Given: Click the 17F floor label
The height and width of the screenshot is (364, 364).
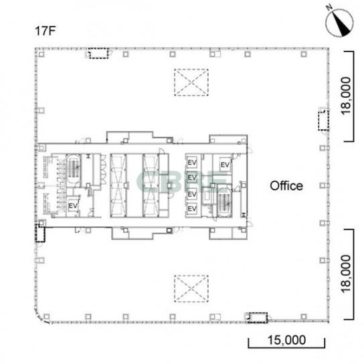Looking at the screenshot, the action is [x=45, y=31].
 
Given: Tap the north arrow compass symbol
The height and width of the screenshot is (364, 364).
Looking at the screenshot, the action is [x=339, y=21].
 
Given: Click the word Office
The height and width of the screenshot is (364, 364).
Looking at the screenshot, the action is [x=286, y=186].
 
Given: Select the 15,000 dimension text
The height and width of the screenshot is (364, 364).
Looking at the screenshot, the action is [x=286, y=340].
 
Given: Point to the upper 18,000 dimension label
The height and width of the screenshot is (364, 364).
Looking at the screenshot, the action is [x=346, y=96].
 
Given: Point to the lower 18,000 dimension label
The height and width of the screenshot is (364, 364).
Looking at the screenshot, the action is [x=346, y=274].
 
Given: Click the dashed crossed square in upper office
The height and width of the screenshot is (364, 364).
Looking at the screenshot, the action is [x=191, y=82].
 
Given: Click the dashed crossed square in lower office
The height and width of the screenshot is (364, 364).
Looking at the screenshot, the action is [x=191, y=288].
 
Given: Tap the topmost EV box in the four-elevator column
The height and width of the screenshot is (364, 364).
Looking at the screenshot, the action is [x=192, y=163].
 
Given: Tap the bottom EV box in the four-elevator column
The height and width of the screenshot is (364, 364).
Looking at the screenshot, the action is [x=192, y=209].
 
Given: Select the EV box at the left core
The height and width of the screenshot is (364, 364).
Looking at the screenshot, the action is [x=73, y=205].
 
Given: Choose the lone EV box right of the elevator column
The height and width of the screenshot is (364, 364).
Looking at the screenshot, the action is [x=225, y=165].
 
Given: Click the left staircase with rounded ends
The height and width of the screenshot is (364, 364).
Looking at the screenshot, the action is [x=74, y=171].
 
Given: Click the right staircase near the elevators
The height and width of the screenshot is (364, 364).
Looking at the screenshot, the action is [x=224, y=201].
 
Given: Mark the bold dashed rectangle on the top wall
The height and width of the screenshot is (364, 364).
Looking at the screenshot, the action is [x=99, y=54].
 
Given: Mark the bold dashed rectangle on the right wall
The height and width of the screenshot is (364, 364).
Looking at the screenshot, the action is [x=323, y=120].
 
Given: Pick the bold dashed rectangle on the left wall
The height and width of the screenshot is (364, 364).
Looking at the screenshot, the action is [x=40, y=233].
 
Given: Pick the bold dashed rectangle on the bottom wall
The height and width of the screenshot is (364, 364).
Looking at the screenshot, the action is [x=258, y=318].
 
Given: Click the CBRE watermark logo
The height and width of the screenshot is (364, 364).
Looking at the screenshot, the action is [x=182, y=182].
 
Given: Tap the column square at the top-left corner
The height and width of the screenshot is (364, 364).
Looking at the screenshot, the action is [x=41, y=54].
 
